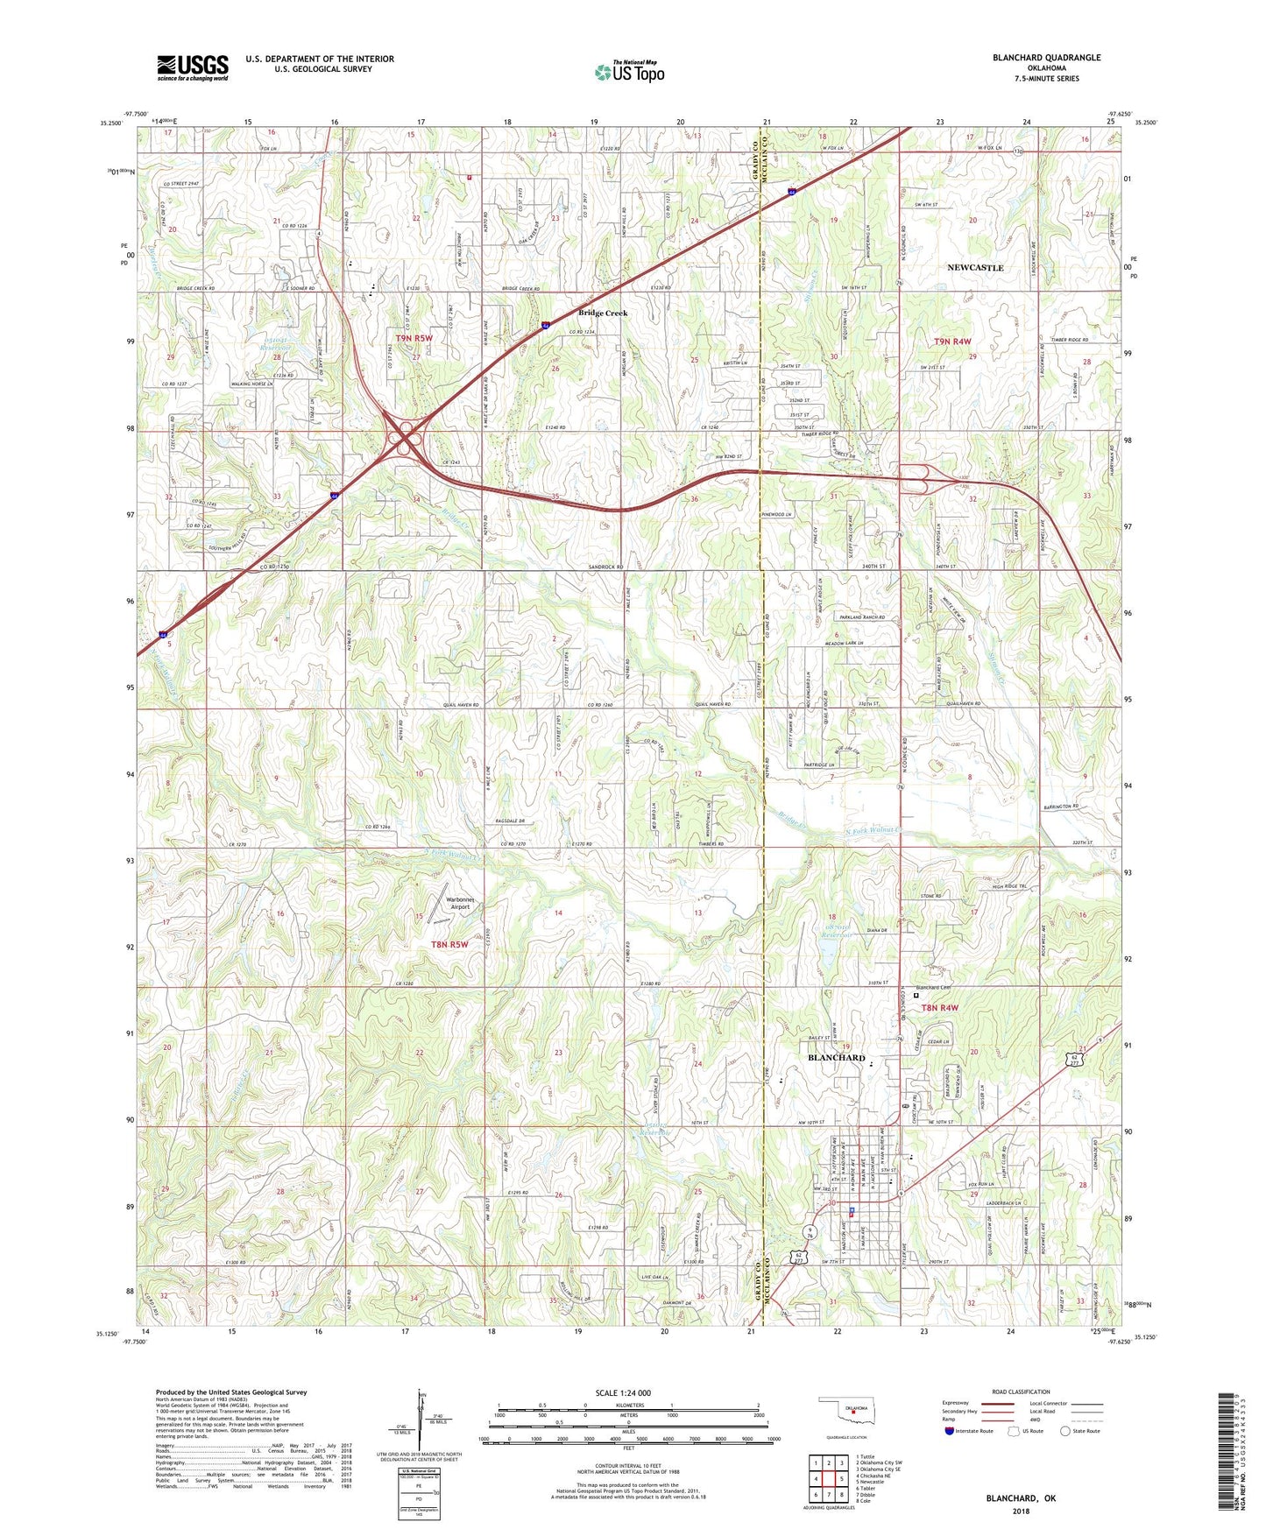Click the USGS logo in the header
[x=192, y=67]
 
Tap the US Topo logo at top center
[x=629, y=72]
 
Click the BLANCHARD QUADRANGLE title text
[x=1046, y=58]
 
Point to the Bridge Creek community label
[x=602, y=313]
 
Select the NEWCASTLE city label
[x=975, y=267]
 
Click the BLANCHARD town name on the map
[x=836, y=1057]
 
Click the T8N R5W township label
[x=449, y=944]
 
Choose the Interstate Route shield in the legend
[x=950, y=1432]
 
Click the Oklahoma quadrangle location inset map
[x=845, y=1409]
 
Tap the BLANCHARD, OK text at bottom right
[x=1021, y=1498]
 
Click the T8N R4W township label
[x=939, y=1007]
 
